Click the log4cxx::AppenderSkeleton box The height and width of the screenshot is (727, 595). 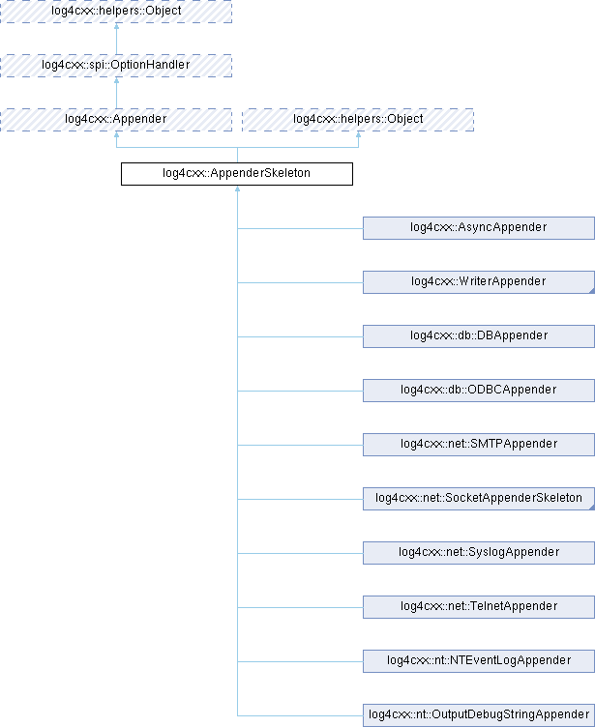[x=236, y=174]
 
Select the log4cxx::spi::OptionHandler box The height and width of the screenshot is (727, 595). [x=116, y=66]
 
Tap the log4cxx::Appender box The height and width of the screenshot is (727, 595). [x=116, y=120]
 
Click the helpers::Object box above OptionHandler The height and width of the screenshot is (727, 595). [x=116, y=12]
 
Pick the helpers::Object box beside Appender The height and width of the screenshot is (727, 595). [x=358, y=120]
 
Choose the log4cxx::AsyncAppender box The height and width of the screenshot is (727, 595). [x=478, y=228]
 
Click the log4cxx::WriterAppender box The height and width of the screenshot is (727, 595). [x=478, y=282]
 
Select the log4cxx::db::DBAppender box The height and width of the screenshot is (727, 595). [x=478, y=336]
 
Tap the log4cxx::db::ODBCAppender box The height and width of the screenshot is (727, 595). [x=478, y=391]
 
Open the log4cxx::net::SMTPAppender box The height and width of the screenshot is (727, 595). [x=478, y=445]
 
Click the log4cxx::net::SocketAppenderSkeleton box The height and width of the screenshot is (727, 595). [x=478, y=499]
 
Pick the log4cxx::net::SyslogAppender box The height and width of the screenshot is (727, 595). [x=478, y=553]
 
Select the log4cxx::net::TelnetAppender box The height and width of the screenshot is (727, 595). [x=478, y=607]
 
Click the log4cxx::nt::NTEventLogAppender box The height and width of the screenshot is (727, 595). [x=478, y=661]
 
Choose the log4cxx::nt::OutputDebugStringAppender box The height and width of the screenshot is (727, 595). [x=478, y=715]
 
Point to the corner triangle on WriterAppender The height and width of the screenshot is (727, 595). [x=588, y=289]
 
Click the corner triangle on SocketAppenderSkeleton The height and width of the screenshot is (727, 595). [x=588, y=506]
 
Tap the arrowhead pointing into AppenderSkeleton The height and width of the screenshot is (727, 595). [x=237, y=190]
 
